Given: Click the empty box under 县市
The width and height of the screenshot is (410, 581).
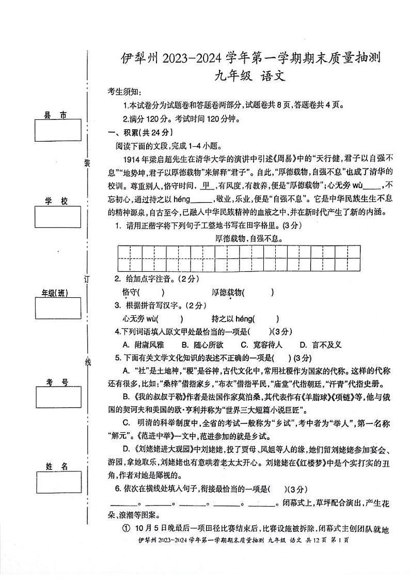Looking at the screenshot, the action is click(58, 130).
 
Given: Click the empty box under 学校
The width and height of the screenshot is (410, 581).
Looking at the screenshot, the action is click(58, 217).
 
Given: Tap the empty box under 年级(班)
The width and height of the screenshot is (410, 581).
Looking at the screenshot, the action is click(58, 309).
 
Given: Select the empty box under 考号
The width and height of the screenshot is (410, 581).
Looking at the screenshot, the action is click(58, 397).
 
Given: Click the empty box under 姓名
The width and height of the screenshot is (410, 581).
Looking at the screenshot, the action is click(58, 483).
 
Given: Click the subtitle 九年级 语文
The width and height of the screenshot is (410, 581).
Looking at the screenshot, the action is click(251, 77).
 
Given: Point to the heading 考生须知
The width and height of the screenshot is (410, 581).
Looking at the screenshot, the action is click(123, 92).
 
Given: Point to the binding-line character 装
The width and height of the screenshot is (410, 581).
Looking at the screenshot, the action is click(87, 163).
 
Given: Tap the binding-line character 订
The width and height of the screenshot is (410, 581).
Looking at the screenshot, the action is click(87, 279).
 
